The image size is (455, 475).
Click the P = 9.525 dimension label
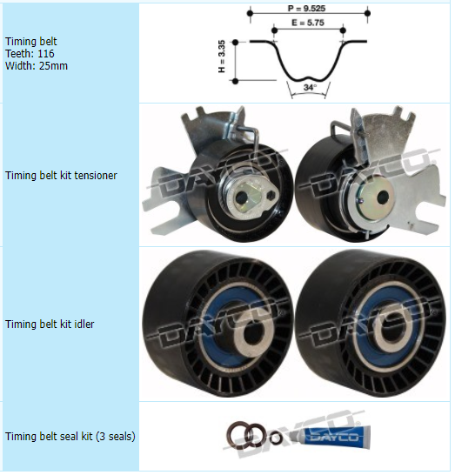306,8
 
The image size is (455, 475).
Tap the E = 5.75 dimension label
308,23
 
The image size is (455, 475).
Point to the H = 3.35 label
222,57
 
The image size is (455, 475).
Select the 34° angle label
310,87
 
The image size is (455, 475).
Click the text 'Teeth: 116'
30,54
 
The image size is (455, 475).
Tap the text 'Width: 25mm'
37,66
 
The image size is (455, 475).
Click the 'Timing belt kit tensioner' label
61,176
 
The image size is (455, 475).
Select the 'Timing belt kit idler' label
50,324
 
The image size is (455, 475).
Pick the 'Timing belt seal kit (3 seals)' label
70,437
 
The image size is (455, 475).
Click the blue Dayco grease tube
331,436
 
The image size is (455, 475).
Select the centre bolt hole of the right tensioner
383,197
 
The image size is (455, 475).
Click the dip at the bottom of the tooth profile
308,77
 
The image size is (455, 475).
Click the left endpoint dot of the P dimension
250,13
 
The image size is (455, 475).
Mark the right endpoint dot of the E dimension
343,30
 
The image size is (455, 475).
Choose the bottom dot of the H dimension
236,81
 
